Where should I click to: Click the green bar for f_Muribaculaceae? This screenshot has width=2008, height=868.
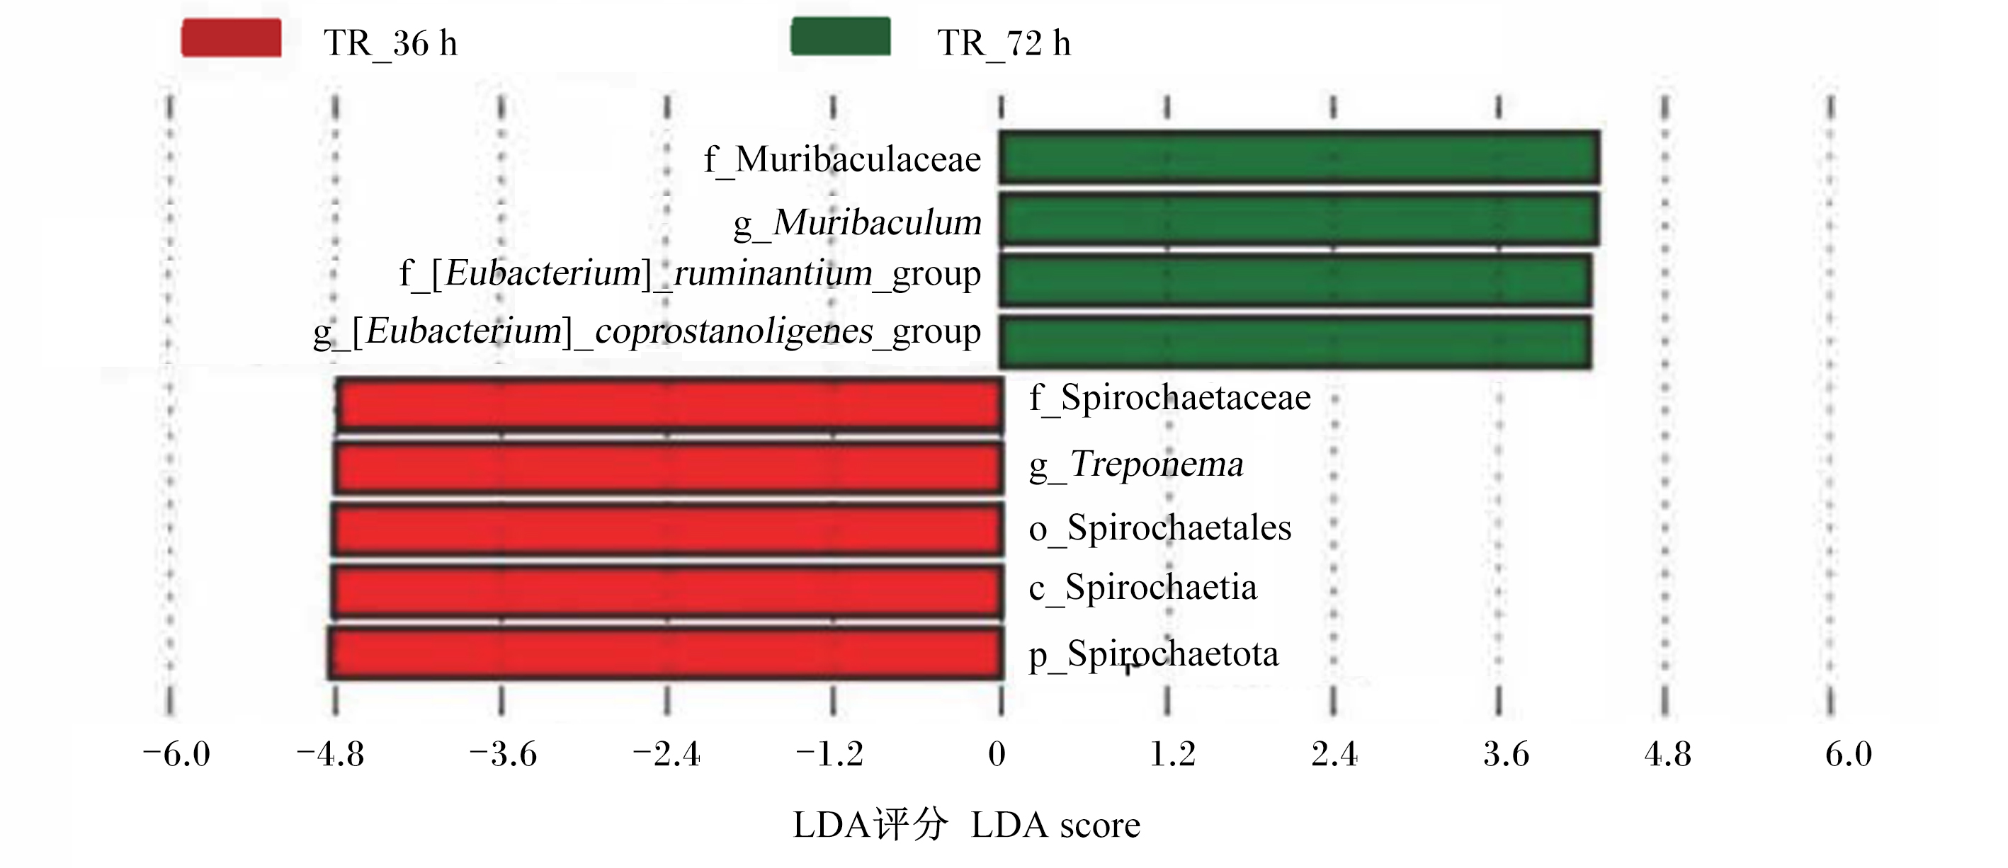pyautogui.click(x=1300, y=157)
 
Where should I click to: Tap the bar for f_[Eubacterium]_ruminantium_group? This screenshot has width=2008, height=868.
pyautogui.click(x=1295, y=280)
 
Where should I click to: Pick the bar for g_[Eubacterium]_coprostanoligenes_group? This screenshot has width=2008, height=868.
pyautogui.click(x=1295, y=341)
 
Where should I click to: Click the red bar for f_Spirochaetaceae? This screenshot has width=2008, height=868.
pyautogui.click(x=670, y=404)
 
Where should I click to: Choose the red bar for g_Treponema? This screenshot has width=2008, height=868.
pyautogui.click(x=669, y=467)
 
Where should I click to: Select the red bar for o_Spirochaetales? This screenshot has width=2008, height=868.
pyautogui.click(x=667, y=529)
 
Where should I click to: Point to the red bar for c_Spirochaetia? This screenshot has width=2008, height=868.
pyautogui.click(x=667, y=592)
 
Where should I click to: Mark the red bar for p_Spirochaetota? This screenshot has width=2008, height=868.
pyautogui.click(x=666, y=653)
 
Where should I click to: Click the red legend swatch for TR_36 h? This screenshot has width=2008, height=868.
pyautogui.click(x=232, y=38)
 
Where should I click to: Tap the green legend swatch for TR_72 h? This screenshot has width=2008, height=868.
pyautogui.click(x=841, y=37)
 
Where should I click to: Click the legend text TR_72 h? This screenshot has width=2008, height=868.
pyautogui.click(x=1004, y=44)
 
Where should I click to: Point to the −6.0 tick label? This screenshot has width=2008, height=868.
pyautogui.click(x=176, y=754)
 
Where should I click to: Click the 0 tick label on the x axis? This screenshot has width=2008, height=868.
pyautogui.click(x=997, y=754)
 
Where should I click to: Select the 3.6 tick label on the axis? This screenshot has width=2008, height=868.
pyautogui.click(x=1506, y=754)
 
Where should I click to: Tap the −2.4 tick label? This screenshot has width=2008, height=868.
pyautogui.click(x=667, y=754)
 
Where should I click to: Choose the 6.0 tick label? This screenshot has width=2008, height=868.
pyautogui.click(x=1849, y=754)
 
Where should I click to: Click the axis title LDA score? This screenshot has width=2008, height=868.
pyautogui.click(x=1055, y=825)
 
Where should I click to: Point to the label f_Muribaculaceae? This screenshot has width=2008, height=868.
pyautogui.click(x=843, y=161)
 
